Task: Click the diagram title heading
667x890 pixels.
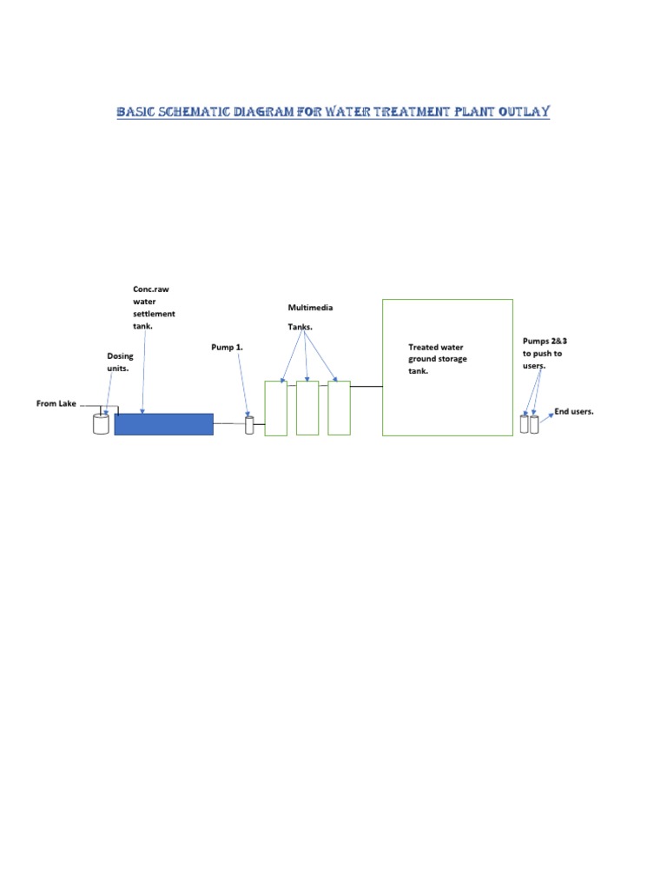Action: tap(333, 112)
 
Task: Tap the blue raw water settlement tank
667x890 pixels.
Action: tap(163, 424)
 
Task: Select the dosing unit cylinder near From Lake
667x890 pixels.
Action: tap(102, 424)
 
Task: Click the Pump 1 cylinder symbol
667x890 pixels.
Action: tap(249, 425)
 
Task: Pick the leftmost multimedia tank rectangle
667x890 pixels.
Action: tap(275, 408)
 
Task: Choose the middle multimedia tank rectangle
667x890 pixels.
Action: tap(307, 408)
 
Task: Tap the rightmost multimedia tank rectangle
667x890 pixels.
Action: tap(339, 408)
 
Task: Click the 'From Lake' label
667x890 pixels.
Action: tap(56, 403)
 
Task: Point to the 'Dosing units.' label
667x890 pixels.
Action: tap(120, 362)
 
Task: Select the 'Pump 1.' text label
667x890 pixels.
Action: tap(228, 348)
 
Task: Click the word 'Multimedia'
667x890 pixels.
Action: tap(310, 308)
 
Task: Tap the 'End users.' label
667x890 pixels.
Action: tap(574, 411)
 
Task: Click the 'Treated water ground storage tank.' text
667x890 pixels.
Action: tap(438, 359)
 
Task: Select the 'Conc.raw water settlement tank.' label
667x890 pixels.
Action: tap(154, 308)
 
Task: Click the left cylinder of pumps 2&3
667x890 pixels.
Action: tap(524, 424)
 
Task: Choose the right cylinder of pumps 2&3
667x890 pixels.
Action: tap(534, 424)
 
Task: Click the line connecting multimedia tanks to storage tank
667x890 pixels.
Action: tap(367, 386)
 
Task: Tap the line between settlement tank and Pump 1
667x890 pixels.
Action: tap(229, 423)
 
